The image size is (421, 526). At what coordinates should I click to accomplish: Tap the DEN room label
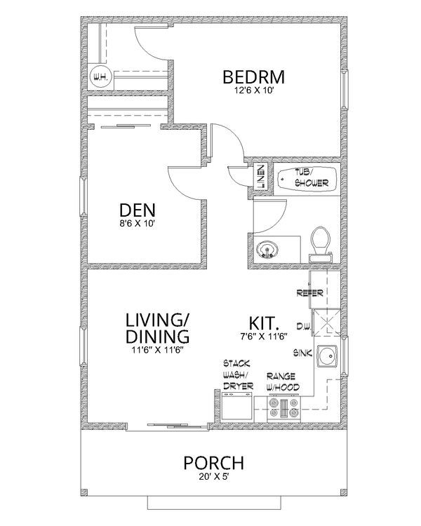(x=138, y=210)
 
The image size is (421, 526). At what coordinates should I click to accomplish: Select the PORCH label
(x=214, y=463)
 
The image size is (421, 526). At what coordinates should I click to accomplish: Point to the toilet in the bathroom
(x=320, y=242)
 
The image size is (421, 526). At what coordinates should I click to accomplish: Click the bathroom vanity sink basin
(x=267, y=249)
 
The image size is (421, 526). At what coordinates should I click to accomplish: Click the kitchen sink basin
(x=326, y=358)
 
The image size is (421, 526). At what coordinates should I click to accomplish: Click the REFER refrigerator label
(x=309, y=292)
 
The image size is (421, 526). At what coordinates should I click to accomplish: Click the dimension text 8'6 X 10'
(x=138, y=223)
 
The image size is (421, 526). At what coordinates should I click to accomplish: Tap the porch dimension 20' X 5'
(x=214, y=476)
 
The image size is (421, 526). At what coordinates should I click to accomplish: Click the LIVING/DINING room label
(x=157, y=328)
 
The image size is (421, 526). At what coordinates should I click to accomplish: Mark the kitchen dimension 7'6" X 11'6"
(x=264, y=337)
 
